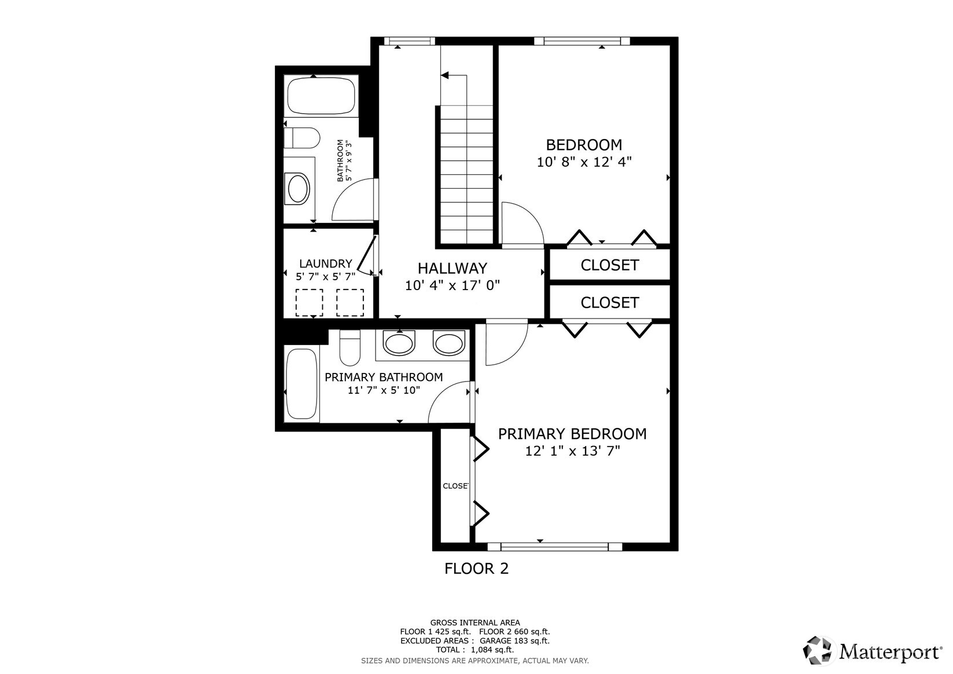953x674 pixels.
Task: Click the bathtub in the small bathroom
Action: [321, 96]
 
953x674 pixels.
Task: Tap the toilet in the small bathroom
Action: [301, 138]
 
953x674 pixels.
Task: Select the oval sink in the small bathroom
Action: [299, 188]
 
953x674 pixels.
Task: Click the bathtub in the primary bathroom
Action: [301, 384]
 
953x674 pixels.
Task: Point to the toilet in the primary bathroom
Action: [350, 347]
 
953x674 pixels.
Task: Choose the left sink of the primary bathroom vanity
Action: [399, 343]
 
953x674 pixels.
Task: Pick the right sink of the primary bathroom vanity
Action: [449, 343]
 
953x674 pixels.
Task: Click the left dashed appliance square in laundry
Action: [310, 303]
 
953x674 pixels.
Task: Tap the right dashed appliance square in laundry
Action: [350, 303]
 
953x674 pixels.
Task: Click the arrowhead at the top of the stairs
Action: [444, 75]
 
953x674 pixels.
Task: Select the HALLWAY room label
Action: [452, 268]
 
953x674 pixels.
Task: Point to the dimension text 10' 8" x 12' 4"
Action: [584, 162]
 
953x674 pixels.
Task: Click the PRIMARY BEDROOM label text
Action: [572, 434]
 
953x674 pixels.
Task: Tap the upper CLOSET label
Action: [610, 265]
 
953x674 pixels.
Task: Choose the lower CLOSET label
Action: [610, 303]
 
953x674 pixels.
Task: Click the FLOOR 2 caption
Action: [477, 569]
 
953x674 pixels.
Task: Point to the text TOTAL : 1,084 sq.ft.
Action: [475, 650]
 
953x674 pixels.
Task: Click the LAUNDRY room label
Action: [325, 263]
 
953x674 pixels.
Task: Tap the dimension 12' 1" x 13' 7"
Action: [572, 451]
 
